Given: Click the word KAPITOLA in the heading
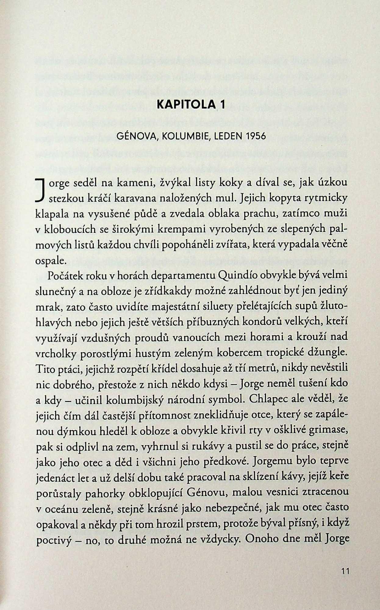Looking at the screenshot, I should pyautogui.click(x=184, y=105).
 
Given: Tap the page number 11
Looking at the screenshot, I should pyautogui.click(x=345, y=570).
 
